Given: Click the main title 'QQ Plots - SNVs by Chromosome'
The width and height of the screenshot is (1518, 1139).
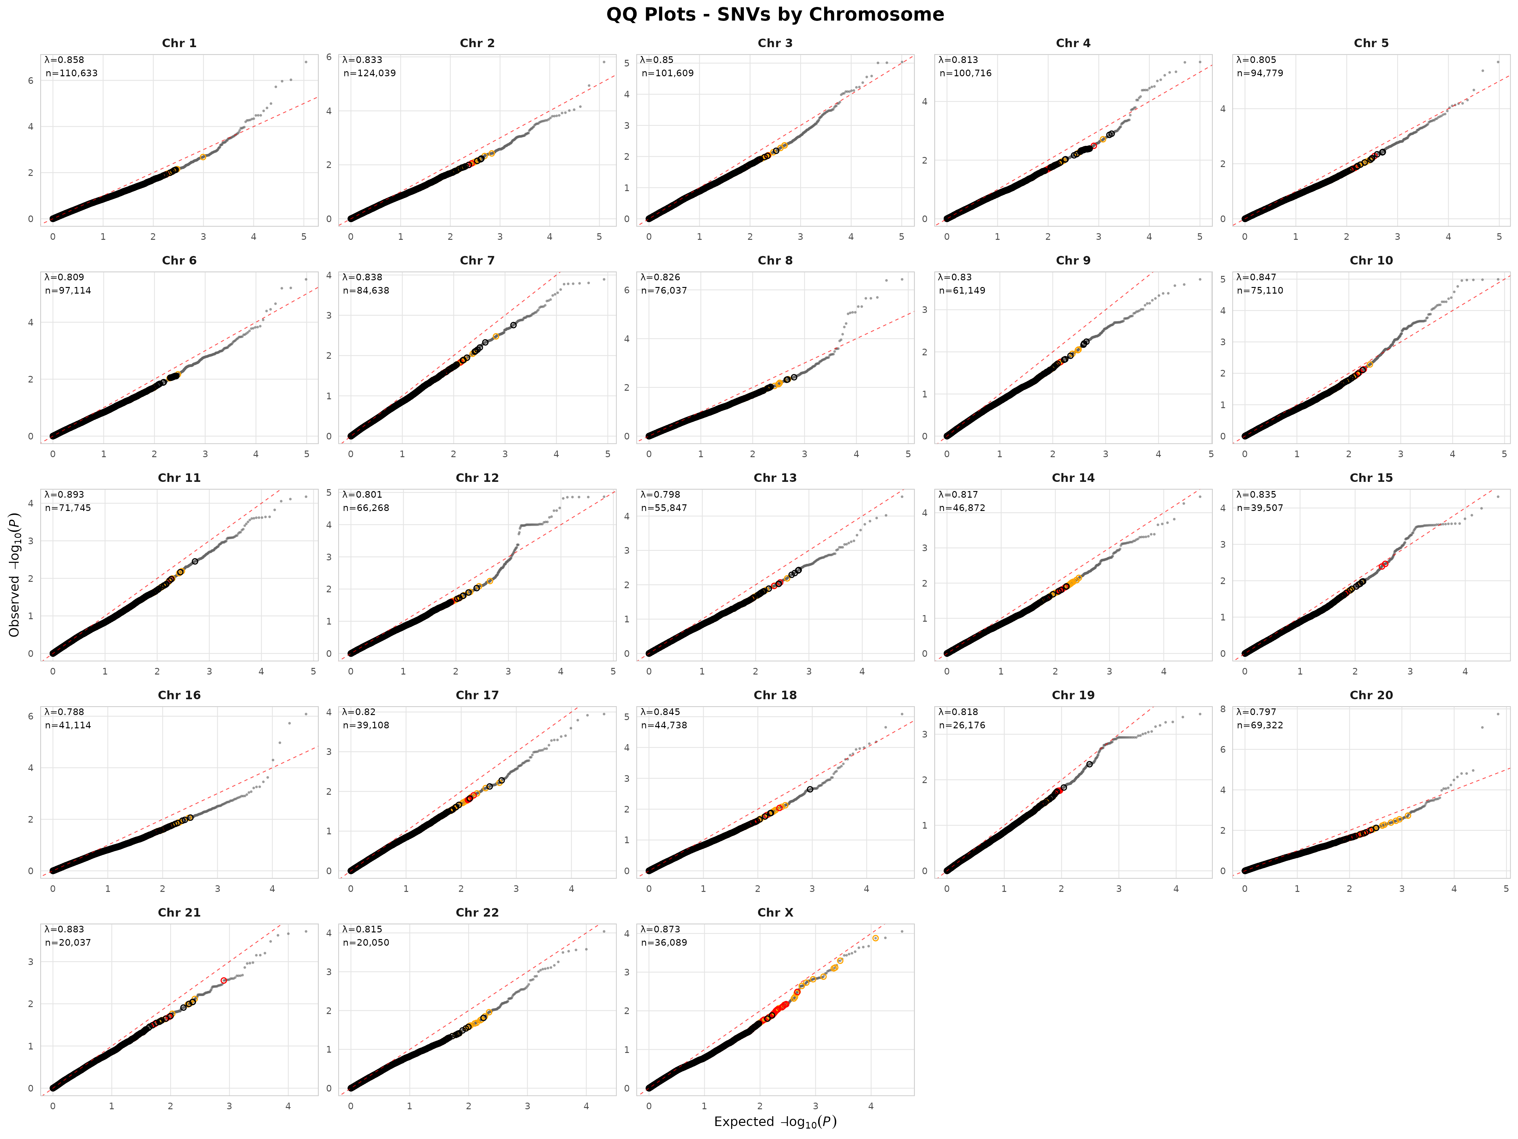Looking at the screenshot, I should click(775, 15).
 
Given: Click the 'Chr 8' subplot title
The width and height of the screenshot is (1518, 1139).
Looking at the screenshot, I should click(775, 260).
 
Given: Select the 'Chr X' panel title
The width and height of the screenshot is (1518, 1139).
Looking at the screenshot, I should click(775, 912).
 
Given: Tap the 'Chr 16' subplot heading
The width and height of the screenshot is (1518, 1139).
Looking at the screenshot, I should click(179, 695).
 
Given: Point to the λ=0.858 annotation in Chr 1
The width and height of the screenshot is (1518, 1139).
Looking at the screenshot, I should click(65, 60).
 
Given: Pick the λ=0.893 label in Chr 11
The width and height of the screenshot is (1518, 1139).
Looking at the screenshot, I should click(65, 494).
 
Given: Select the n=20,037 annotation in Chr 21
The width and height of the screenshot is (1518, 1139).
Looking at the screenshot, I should click(68, 942).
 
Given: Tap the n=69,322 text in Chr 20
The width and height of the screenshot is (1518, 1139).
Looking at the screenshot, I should click(1260, 725).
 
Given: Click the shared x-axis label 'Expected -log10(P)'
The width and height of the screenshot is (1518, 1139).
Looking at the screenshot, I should click(775, 1121).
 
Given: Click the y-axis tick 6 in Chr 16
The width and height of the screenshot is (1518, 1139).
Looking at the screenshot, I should click(31, 716).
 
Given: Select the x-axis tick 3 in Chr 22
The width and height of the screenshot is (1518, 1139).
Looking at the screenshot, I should click(527, 1106).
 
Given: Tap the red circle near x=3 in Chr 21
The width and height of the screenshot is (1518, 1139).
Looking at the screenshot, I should click(224, 980).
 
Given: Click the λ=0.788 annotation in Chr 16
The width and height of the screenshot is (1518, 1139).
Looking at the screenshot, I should click(65, 712).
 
